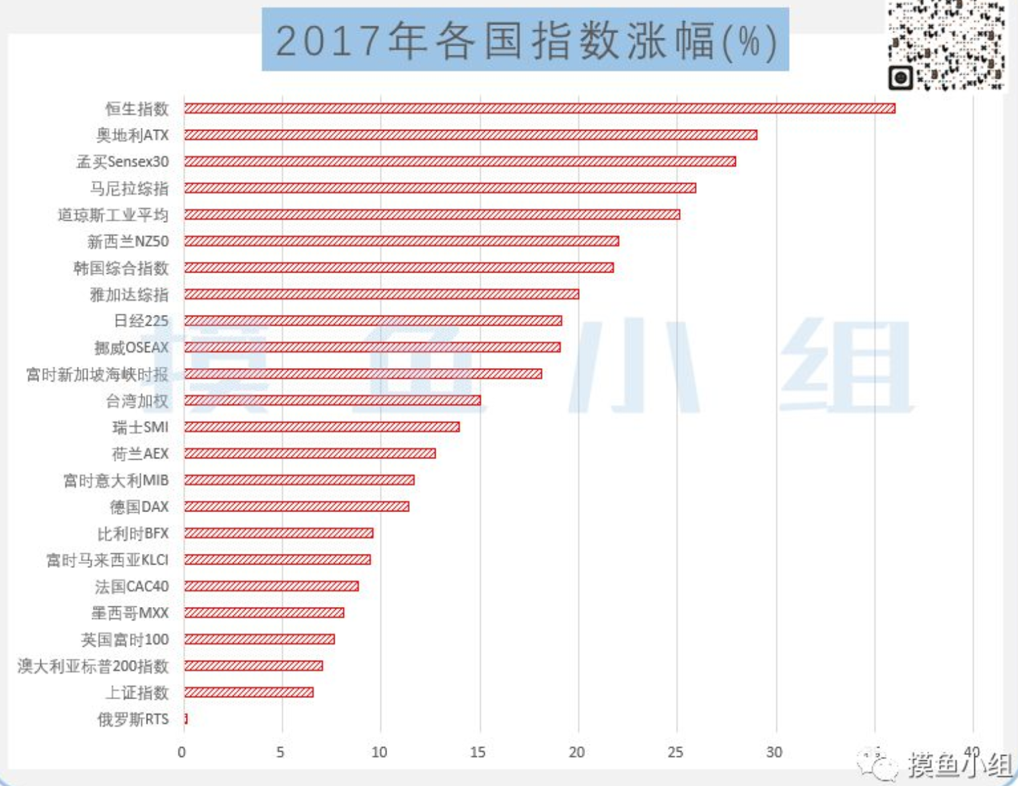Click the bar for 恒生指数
pos(539,108)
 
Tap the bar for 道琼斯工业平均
pos(432,215)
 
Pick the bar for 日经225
pos(372,320)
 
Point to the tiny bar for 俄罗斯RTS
pos(186,719)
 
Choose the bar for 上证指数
pos(248,692)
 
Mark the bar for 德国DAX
pos(296,506)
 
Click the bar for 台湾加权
pos(332,400)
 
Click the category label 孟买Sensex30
pos(123,162)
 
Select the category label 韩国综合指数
pos(121,268)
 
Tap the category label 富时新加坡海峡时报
pos(97,374)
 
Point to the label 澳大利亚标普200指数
pos(93,666)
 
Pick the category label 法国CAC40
pos(131,587)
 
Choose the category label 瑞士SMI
pos(140,427)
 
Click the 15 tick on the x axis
pos(478,752)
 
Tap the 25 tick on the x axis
pos(675,752)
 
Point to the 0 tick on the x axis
pos(182,752)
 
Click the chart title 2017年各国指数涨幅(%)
pos(525,40)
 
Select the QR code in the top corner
pos(947,45)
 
